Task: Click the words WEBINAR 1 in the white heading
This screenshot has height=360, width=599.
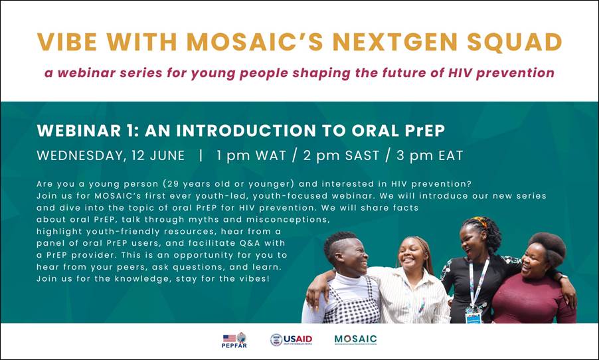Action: tap(87, 131)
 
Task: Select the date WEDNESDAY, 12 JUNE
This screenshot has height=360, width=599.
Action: tap(111, 155)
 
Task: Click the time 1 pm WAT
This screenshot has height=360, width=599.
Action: tap(251, 155)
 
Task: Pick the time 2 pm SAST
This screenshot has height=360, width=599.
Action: tap(341, 155)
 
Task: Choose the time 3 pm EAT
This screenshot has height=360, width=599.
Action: tap(430, 155)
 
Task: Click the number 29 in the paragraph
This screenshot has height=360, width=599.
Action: tap(172, 184)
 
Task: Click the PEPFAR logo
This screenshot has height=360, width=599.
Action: tap(234, 340)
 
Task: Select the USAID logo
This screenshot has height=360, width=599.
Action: tap(291, 340)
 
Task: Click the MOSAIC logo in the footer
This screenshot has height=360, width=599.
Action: tap(355, 339)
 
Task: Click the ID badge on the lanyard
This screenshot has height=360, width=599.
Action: tap(473, 316)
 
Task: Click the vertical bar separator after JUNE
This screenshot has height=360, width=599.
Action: tap(201, 155)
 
